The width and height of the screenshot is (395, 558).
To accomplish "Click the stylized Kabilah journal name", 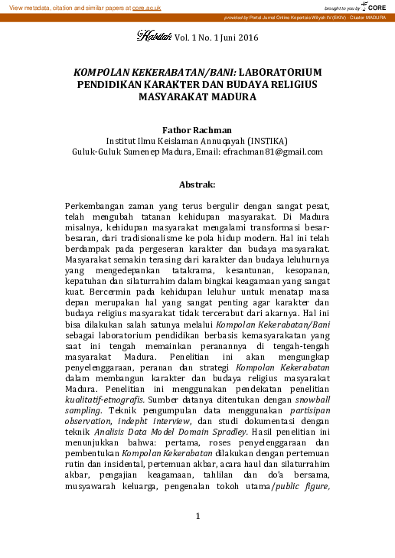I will [x=154, y=35].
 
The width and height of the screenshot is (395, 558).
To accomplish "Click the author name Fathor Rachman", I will [x=197, y=129].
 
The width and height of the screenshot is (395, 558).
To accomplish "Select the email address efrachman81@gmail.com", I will [x=280, y=152].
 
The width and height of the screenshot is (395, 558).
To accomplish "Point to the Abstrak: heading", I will [x=197, y=184].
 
